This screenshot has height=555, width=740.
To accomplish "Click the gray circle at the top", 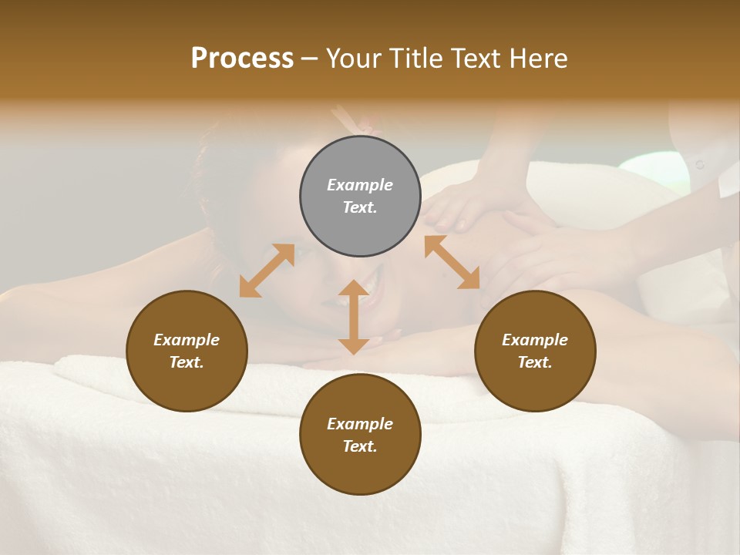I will (360, 196).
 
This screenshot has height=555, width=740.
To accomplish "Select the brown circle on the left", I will (187, 351).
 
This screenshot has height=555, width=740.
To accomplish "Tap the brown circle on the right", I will (535, 351).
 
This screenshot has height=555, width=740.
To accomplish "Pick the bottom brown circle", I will (360, 434).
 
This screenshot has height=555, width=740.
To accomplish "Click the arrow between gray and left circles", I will (267, 271).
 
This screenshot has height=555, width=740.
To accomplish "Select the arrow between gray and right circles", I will (452, 262).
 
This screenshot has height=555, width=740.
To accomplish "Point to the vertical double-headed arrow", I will (354, 317).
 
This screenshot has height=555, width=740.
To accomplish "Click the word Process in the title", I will (242, 58).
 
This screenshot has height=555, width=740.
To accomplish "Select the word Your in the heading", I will (352, 58).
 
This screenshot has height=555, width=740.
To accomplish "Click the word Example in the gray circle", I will (360, 185).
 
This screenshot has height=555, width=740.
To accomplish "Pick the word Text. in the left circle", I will (187, 362).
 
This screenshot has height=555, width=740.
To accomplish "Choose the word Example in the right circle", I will (535, 340).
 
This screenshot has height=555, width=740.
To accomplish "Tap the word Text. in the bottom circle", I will (360, 446).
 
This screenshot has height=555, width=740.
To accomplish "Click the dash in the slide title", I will (310, 58).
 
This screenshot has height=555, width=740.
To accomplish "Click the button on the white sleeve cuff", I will (700, 164).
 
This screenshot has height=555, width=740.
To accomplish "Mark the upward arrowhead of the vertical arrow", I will (354, 288).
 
